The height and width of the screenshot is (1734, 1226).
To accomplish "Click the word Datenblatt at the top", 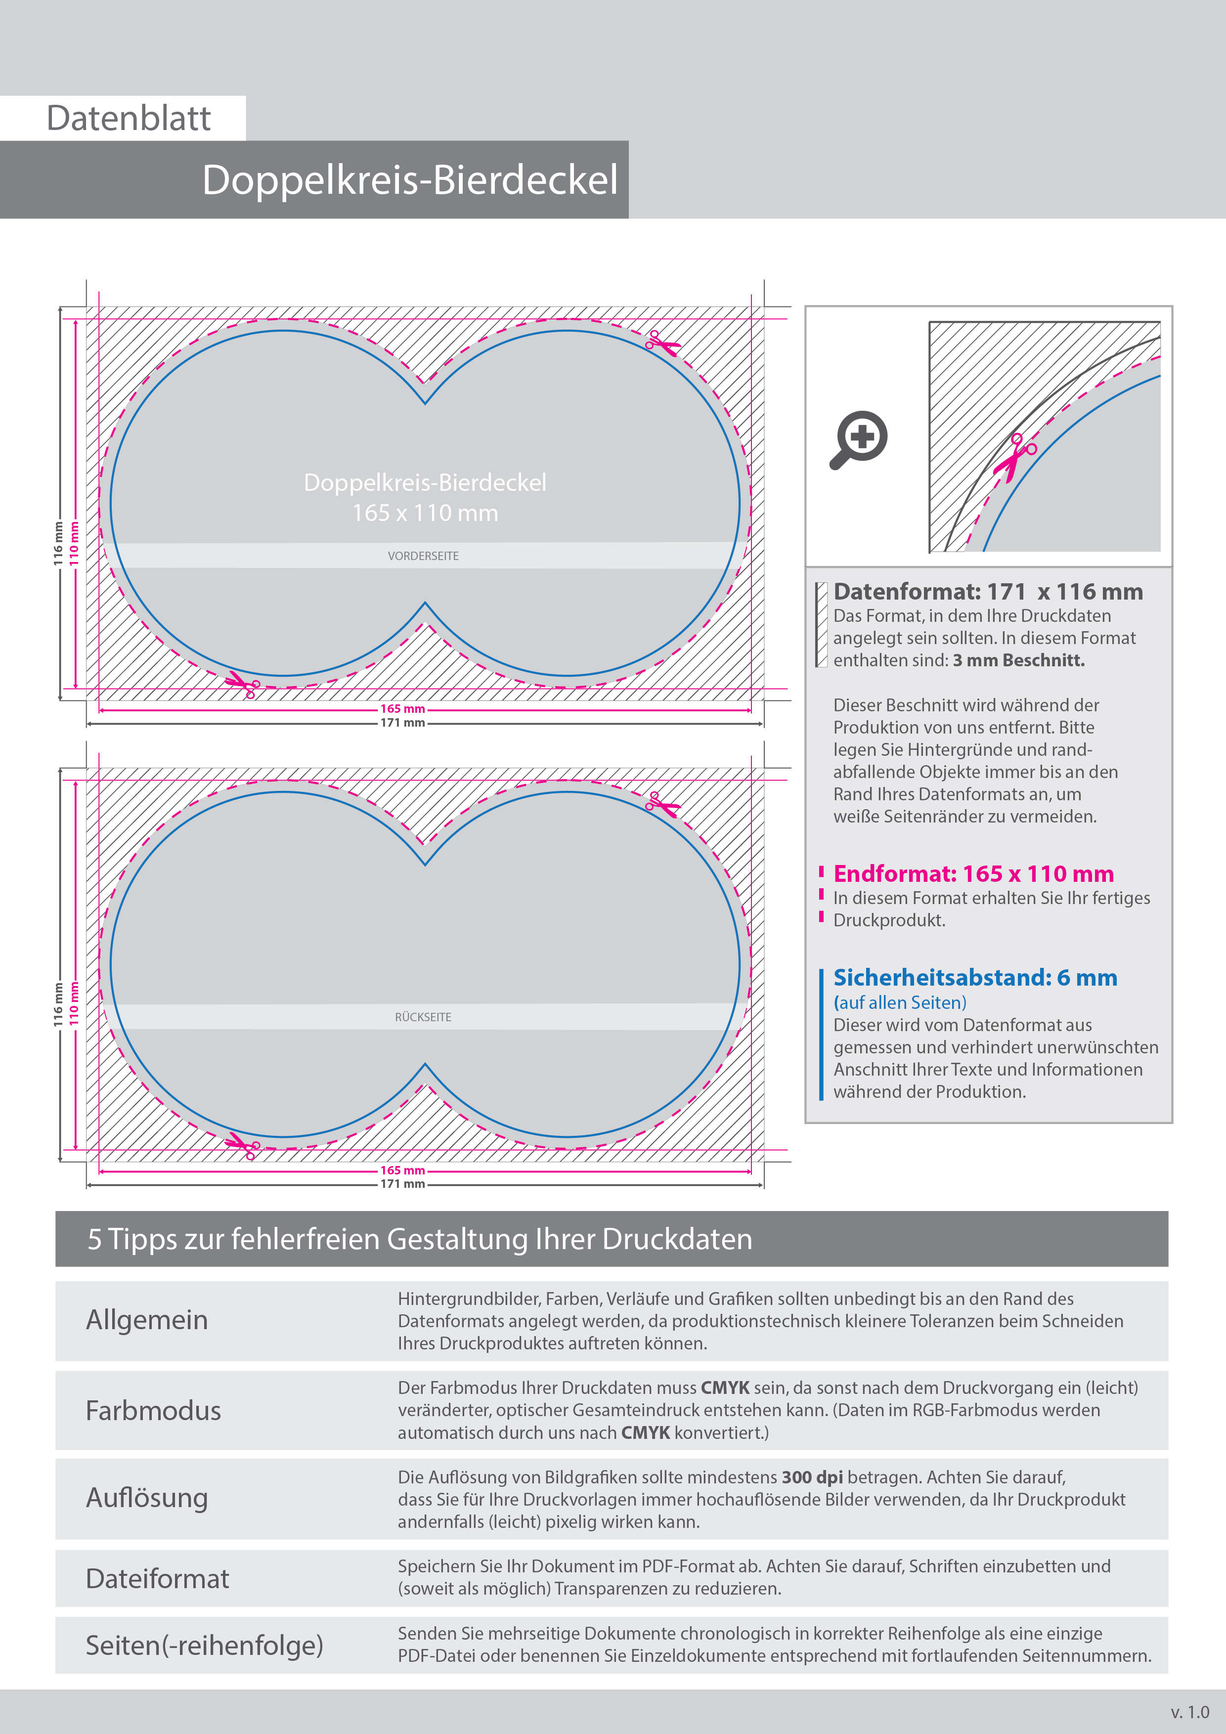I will (x=129, y=119).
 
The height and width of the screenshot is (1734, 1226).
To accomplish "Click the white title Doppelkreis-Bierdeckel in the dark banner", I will (x=409, y=180).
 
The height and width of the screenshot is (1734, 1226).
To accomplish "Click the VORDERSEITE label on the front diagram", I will (x=423, y=556).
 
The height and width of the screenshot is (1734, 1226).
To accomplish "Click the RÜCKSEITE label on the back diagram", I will (x=423, y=1017).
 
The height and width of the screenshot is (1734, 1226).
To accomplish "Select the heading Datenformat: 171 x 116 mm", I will (x=987, y=592).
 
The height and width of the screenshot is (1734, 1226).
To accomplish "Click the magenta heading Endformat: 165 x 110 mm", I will (x=973, y=874).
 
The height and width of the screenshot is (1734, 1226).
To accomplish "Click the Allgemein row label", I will (x=146, y=1320).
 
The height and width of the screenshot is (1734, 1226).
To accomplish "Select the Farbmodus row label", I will (x=153, y=1411).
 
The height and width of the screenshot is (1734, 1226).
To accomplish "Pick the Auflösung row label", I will (x=146, y=1498).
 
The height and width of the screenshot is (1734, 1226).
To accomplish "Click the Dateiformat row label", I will (x=157, y=1578).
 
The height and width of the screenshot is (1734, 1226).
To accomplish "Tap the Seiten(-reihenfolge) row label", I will (x=204, y=1645).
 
